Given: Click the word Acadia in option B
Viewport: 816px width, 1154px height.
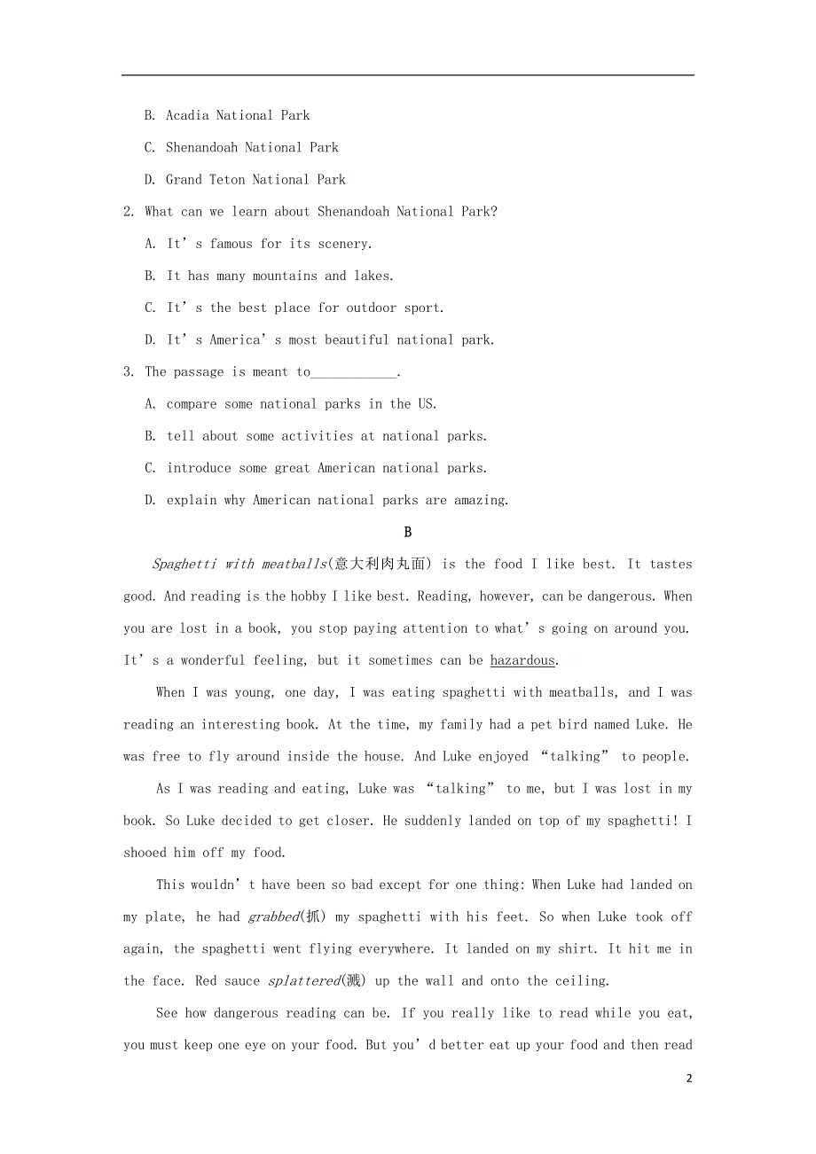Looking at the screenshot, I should click(187, 115).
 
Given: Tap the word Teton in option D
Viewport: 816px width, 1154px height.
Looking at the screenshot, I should click(227, 179).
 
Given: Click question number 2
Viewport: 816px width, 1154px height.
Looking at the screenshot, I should click(129, 212).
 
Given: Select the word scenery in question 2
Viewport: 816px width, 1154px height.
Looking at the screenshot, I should click(343, 244).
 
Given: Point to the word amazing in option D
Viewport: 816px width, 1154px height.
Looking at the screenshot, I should click(480, 500).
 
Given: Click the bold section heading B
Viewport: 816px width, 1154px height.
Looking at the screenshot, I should click(408, 532).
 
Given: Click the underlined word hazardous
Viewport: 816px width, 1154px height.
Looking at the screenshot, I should click(522, 660).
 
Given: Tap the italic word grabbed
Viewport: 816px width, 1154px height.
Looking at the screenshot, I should click(273, 917).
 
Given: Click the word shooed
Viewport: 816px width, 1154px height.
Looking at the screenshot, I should click(145, 853).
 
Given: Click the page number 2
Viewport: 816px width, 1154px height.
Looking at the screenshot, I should click(689, 1079).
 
